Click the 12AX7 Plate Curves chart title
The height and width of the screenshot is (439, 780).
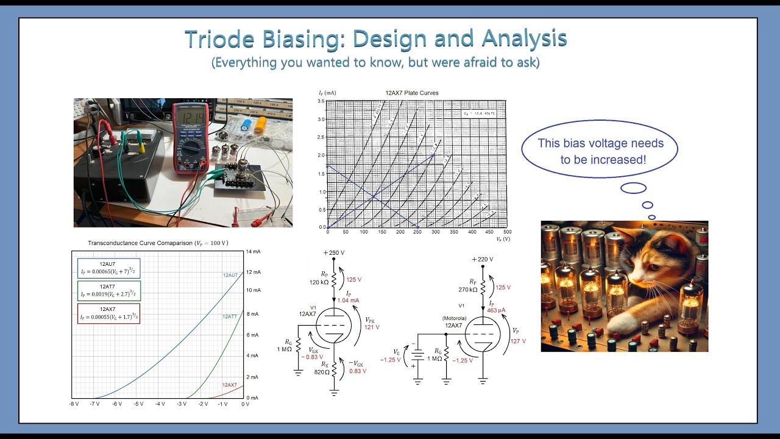pyautogui.click(x=412, y=93)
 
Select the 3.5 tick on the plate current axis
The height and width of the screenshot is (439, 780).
pyautogui.click(x=321, y=101)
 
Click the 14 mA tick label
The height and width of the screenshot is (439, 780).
pyautogui.click(x=253, y=252)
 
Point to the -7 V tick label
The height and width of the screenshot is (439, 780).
pyautogui.click(x=94, y=404)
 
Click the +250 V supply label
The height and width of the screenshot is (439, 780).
pyautogui.click(x=334, y=252)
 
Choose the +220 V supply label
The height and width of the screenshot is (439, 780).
pyautogui.click(x=482, y=259)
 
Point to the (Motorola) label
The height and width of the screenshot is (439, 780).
pyautogui.click(x=454, y=318)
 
